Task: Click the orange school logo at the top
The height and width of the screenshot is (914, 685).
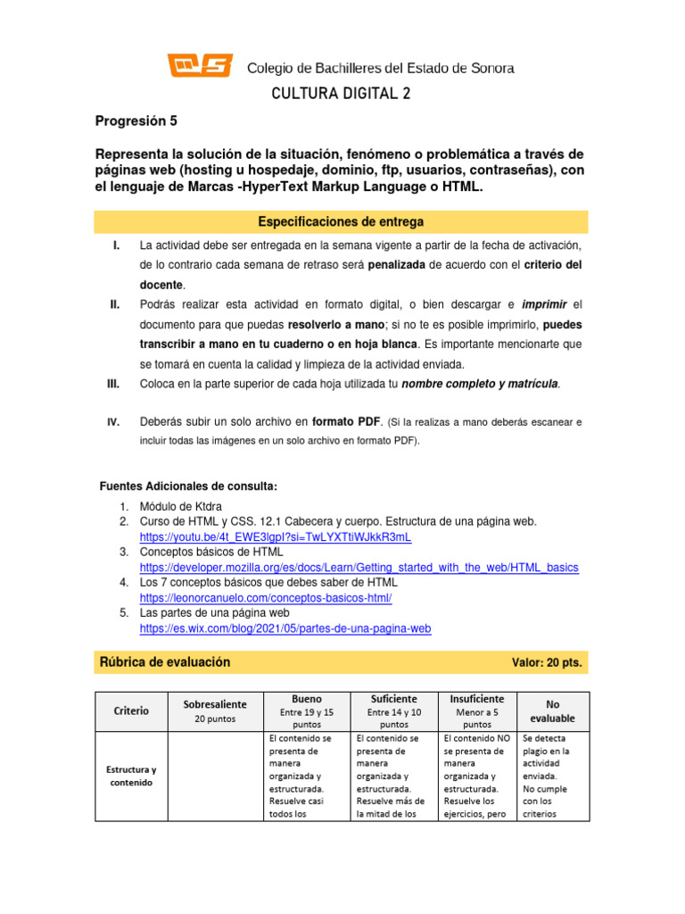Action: (200, 66)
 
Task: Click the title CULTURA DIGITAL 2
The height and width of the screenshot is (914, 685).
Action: (342, 94)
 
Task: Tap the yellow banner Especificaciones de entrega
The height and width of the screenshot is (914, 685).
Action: (341, 221)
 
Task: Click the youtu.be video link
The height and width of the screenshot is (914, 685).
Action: (276, 537)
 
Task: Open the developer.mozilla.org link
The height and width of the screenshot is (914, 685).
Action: (359, 568)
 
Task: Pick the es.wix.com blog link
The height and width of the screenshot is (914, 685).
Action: (285, 628)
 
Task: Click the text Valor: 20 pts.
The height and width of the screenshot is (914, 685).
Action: (547, 663)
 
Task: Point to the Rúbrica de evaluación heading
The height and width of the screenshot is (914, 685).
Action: (165, 662)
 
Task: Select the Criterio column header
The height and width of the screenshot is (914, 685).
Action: (131, 710)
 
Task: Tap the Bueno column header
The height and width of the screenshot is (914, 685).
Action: (307, 698)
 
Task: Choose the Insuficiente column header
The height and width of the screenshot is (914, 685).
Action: (477, 698)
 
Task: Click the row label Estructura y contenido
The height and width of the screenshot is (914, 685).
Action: (131, 776)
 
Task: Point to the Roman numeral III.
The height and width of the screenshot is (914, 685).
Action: (113, 384)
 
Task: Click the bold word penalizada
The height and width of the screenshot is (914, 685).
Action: (397, 265)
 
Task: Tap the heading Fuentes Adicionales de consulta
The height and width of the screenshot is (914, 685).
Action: (188, 486)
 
